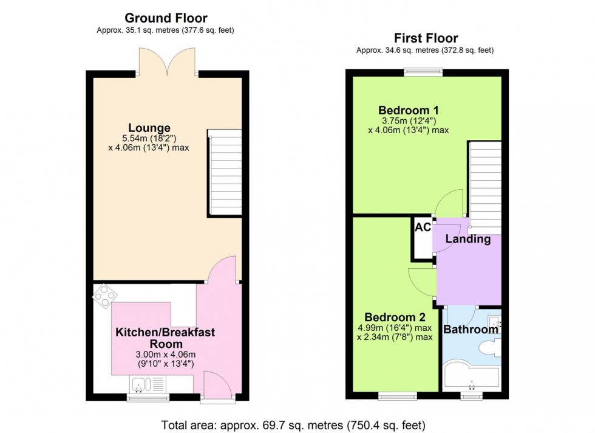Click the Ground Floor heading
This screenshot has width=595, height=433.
(166, 18)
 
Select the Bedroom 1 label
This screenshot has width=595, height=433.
(408, 110)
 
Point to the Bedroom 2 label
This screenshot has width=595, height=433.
(394, 317)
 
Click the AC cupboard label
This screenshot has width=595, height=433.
(423, 227)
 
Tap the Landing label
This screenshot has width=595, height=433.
(468, 239)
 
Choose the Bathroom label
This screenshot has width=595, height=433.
(471, 330)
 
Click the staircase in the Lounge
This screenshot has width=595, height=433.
(225, 173)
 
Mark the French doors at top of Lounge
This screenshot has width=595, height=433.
(167, 62)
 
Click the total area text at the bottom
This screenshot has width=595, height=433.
(293, 423)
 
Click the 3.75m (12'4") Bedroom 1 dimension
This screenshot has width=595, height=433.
(408, 120)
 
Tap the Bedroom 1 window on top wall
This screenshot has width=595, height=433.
(424, 72)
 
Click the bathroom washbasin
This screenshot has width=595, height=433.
(495, 321)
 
